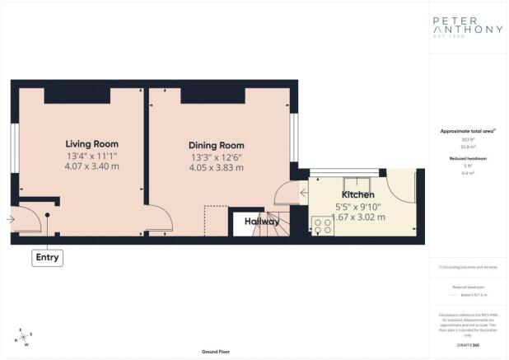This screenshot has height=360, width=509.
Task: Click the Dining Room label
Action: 216,143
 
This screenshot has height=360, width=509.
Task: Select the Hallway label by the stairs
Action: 260,222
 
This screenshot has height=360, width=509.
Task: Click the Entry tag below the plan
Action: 46,258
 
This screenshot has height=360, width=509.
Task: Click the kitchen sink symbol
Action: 357,184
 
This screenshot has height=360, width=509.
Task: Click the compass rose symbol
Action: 23,337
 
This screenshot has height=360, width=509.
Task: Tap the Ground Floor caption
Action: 215,351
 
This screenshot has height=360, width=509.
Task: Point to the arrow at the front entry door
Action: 8,219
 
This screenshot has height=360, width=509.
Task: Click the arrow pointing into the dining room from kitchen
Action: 303,195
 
